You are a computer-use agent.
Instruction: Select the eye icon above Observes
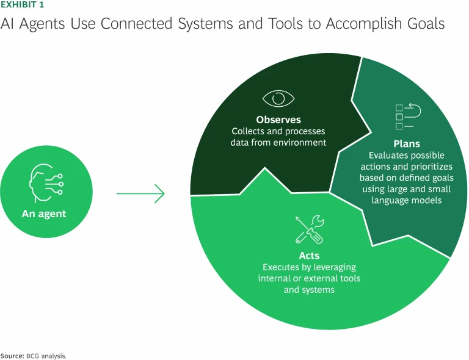(x=278, y=98)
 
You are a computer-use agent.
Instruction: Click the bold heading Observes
(x=278, y=120)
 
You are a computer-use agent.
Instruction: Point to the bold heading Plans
(x=407, y=144)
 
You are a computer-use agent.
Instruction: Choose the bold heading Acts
(x=309, y=256)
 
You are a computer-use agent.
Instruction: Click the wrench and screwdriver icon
(x=310, y=229)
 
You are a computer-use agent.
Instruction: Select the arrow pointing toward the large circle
(x=140, y=193)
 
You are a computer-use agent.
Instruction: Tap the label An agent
(x=44, y=214)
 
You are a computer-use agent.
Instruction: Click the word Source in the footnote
(x=11, y=355)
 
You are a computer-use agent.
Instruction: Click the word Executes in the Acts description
(x=282, y=267)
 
